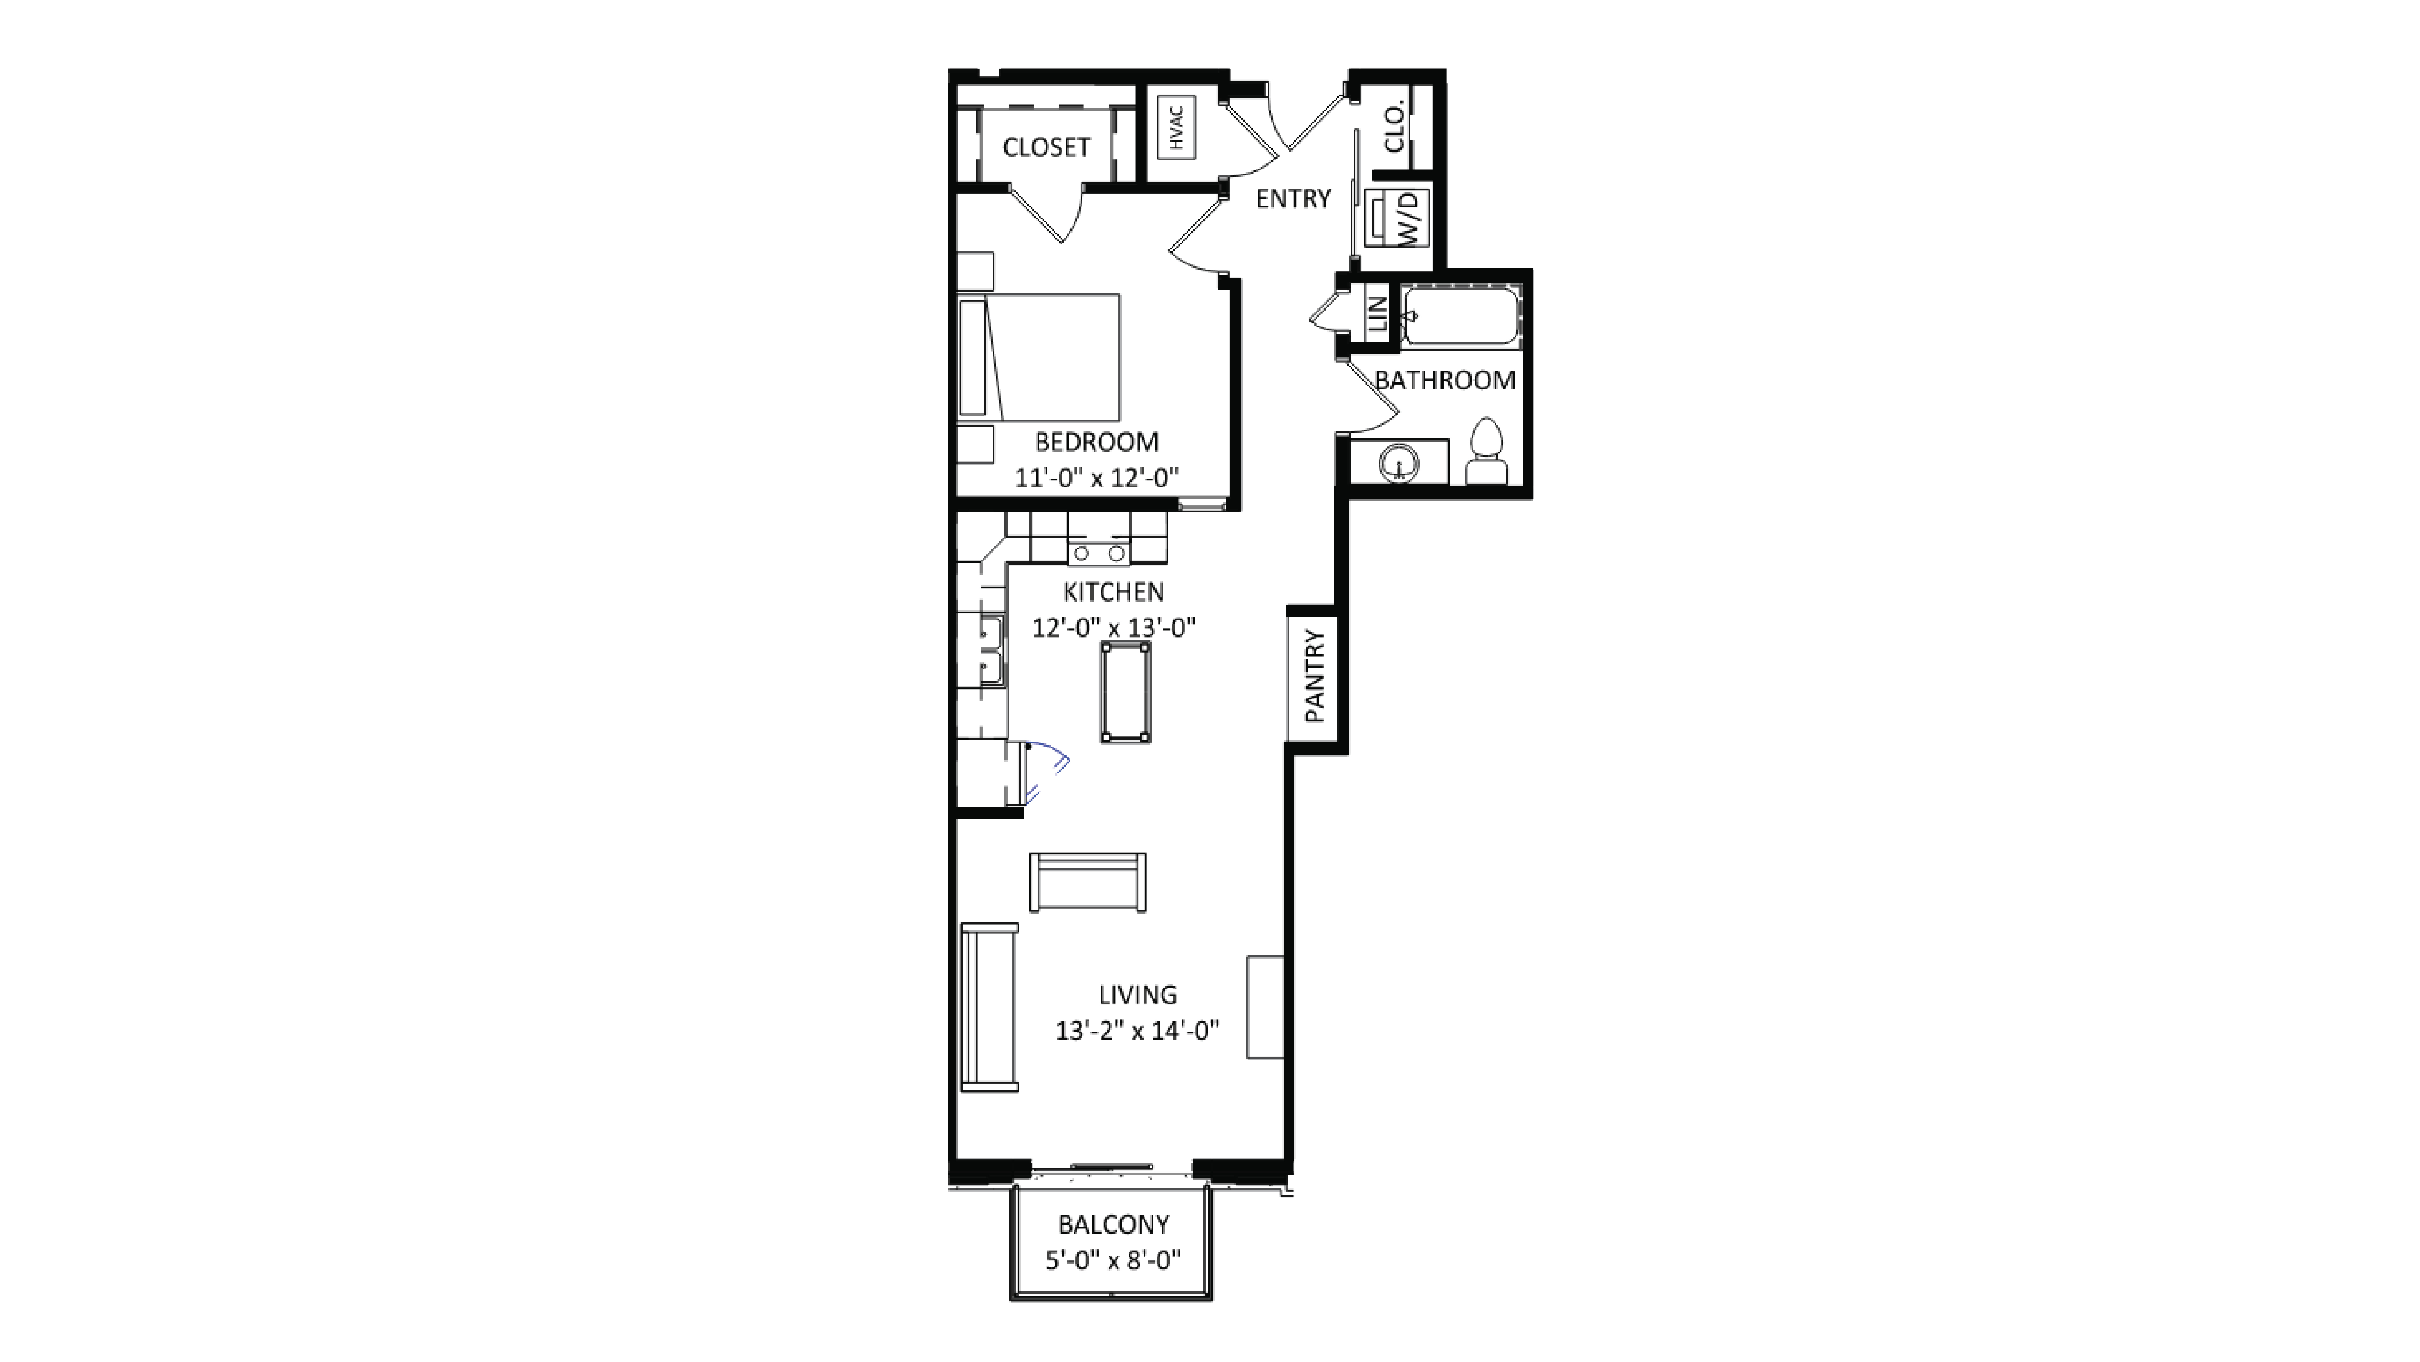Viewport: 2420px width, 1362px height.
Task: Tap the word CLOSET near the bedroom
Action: click(1045, 147)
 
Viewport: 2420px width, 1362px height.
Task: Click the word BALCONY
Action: click(1113, 1225)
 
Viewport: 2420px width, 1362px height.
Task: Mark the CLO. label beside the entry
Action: click(1394, 128)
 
